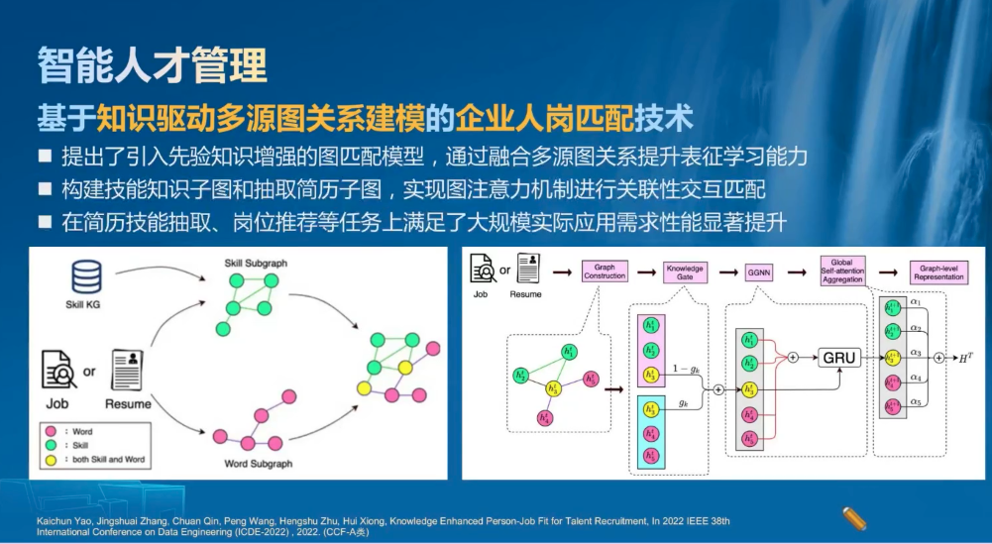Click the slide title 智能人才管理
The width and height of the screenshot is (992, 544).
point(153,64)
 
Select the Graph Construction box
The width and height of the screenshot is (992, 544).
point(604,271)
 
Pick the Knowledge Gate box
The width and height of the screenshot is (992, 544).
point(685,272)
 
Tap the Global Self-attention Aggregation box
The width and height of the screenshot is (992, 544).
point(841,272)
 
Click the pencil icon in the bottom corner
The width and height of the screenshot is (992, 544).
point(854,516)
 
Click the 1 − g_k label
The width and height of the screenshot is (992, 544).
point(683,368)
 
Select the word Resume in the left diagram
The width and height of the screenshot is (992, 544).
point(129,403)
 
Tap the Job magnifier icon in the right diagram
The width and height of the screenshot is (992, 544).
point(483,268)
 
